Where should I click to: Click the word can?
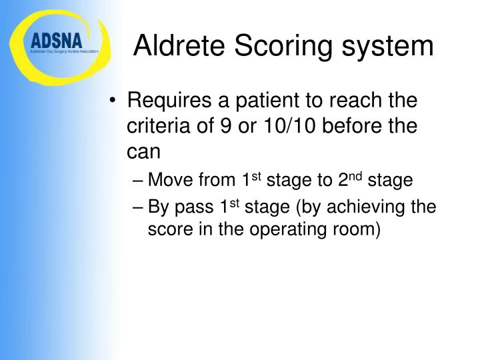pos(144,151)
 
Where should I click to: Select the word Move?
pos(169,181)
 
